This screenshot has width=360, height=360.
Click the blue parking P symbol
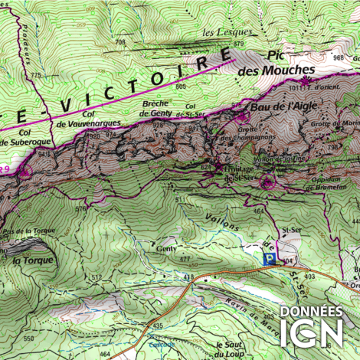tap(269, 260)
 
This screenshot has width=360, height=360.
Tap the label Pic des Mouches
tap(273, 63)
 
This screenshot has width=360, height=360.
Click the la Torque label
tap(33, 260)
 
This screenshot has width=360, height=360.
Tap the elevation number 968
tap(338, 58)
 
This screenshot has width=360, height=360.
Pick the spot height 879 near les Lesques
tap(238, 44)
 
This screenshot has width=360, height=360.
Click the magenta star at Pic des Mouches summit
tap(308, 79)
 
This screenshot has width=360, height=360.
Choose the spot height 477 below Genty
tap(185, 260)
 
